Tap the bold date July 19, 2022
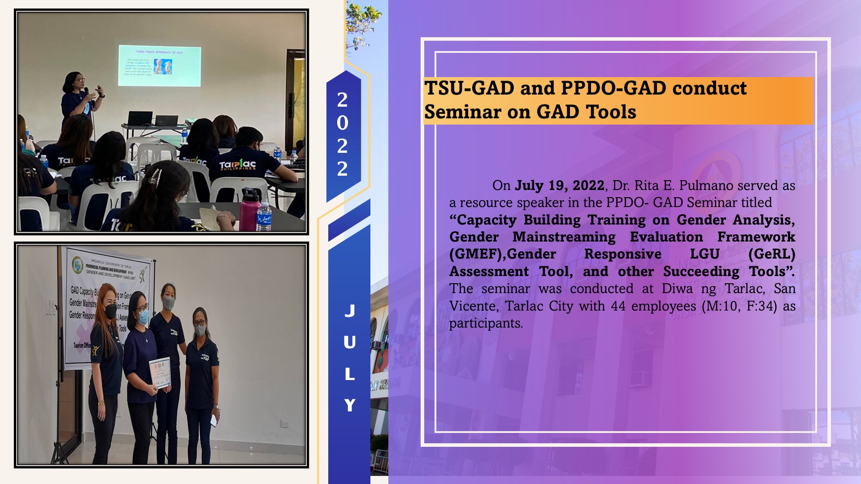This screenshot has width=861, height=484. click(560, 186)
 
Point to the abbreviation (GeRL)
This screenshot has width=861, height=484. click(771, 255)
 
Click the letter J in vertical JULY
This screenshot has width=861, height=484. click(350, 311)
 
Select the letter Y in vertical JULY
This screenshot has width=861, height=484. click(350, 405)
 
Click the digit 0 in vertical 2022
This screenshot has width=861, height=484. click(342, 123)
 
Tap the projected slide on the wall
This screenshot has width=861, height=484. click(159, 66)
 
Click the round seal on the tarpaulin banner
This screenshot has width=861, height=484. click(78, 264)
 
